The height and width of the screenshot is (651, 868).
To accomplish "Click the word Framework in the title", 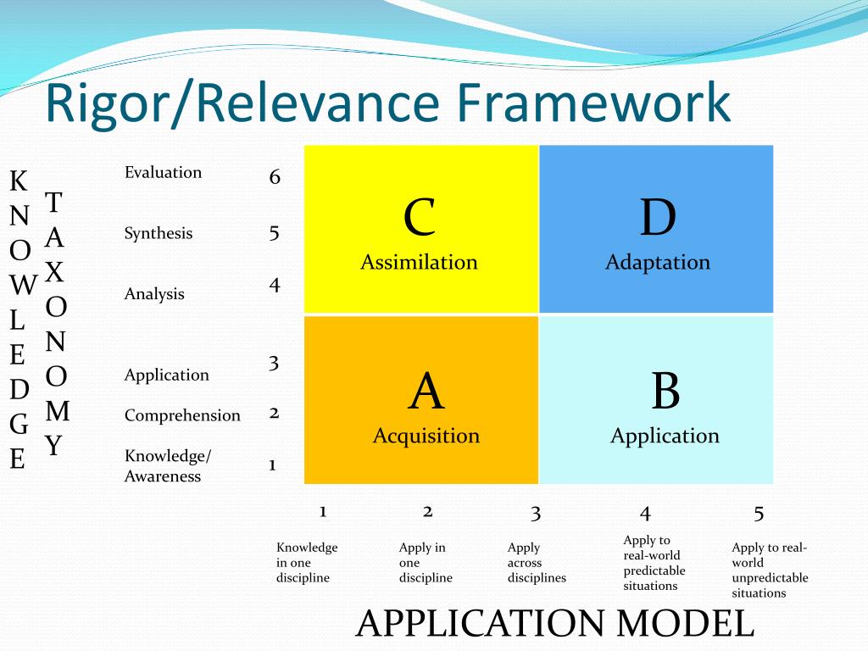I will click(593, 102).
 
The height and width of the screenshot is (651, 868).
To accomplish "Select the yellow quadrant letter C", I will click(420, 217).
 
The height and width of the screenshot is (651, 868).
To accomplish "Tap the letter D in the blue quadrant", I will click(658, 217).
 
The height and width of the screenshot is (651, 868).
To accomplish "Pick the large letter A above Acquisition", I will click(426, 392).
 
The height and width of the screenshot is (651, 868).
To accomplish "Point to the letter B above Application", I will click(665, 392).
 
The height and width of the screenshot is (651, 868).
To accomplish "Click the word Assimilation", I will click(419, 262).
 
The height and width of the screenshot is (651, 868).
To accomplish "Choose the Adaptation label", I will click(658, 262).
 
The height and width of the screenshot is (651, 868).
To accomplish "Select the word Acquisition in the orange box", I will click(426, 436).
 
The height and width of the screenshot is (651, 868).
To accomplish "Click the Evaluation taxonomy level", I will click(163, 172).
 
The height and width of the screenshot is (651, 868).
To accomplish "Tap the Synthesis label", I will click(159, 233).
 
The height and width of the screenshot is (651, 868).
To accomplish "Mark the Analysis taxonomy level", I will click(154, 294).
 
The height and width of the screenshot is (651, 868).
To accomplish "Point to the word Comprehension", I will click(182, 415).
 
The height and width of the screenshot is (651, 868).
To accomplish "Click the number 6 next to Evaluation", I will click(275, 177).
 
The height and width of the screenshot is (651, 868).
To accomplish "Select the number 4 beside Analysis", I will click(275, 285).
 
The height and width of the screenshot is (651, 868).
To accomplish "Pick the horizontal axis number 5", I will click(759, 513).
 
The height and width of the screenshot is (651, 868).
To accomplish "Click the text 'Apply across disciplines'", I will click(537, 563).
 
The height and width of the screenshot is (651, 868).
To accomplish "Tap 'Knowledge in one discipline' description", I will click(307, 563).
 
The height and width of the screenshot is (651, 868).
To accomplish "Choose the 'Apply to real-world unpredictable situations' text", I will click(770, 570).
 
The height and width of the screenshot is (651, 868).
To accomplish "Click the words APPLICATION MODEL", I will click(555, 624).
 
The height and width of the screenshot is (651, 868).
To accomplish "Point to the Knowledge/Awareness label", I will click(168, 466).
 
